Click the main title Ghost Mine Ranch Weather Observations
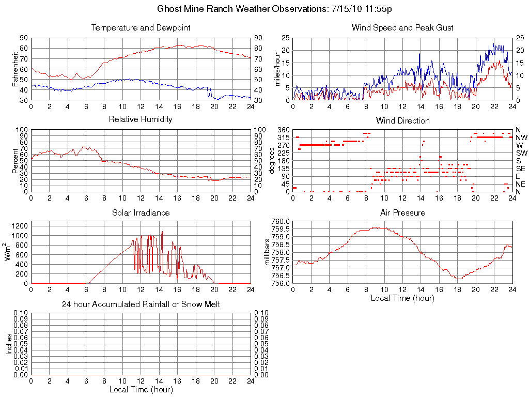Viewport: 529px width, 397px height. click(x=274, y=9)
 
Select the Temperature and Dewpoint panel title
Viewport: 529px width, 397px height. click(x=141, y=27)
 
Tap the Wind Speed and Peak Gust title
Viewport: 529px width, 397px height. click(x=402, y=27)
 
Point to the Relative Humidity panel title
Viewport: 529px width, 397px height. click(x=141, y=119)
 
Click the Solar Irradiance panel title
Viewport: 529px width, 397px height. click(x=141, y=212)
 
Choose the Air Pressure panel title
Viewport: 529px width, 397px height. click(x=402, y=212)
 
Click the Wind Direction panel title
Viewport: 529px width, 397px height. click(x=402, y=120)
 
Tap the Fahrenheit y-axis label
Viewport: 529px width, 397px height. click(x=15, y=69)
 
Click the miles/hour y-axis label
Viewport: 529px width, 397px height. click(x=277, y=69)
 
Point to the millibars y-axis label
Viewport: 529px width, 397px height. click(x=267, y=252)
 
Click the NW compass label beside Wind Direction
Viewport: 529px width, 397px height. click(x=521, y=138)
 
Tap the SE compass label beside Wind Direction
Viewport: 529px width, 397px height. click(x=520, y=169)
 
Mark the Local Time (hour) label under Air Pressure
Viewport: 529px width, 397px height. click(x=402, y=298)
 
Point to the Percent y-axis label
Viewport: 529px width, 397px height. click(x=15, y=160)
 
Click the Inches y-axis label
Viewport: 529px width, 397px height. click(x=9, y=344)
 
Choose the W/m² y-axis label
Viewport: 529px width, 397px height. click(x=8, y=252)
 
